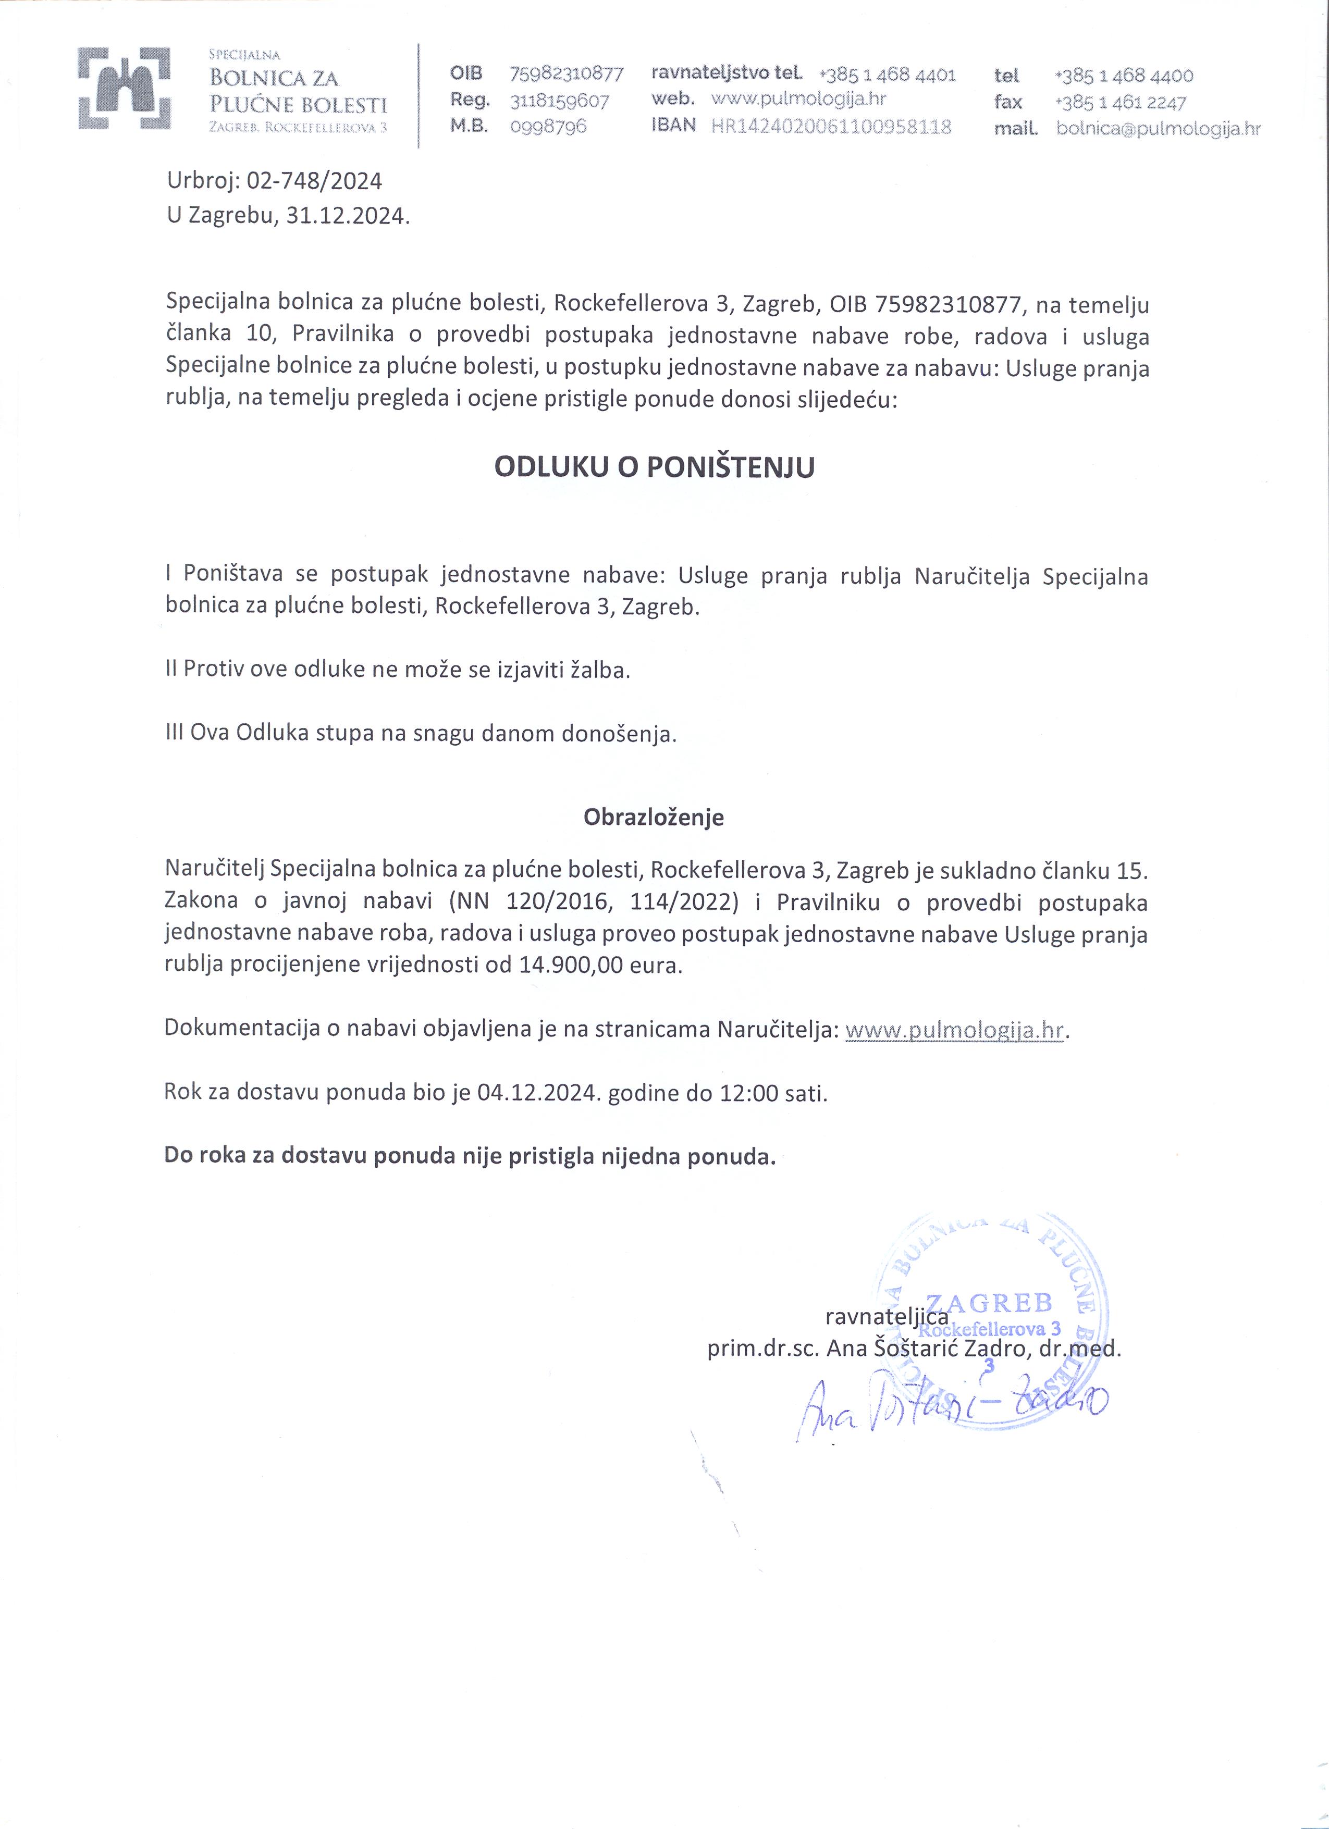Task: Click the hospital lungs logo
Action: click(124, 89)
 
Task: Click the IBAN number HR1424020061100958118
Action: click(831, 127)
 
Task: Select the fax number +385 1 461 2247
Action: click(1120, 103)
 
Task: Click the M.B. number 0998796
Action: click(548, 127)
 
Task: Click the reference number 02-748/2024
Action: click(314, 181)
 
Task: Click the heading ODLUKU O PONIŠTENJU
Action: click(654, 468)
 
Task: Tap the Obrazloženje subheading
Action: click(654, 817)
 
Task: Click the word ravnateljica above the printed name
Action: click(887, 1317)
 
